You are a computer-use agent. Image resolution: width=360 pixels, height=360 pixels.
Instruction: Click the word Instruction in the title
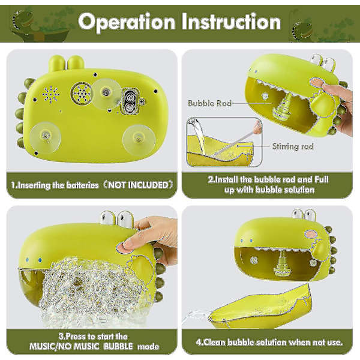pos(231,22)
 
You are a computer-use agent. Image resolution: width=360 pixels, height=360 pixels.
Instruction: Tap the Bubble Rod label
pos(209,103)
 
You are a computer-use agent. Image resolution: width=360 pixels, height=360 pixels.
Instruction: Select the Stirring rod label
pos(293,146)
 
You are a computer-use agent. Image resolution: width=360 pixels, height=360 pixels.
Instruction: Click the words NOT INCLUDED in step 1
pos(139,185)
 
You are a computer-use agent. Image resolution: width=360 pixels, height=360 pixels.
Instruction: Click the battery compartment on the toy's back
pos(130,101)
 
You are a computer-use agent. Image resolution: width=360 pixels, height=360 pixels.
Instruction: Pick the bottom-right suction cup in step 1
pos(139,140)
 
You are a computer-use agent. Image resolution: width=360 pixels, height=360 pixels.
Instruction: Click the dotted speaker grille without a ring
pos(51,94)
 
